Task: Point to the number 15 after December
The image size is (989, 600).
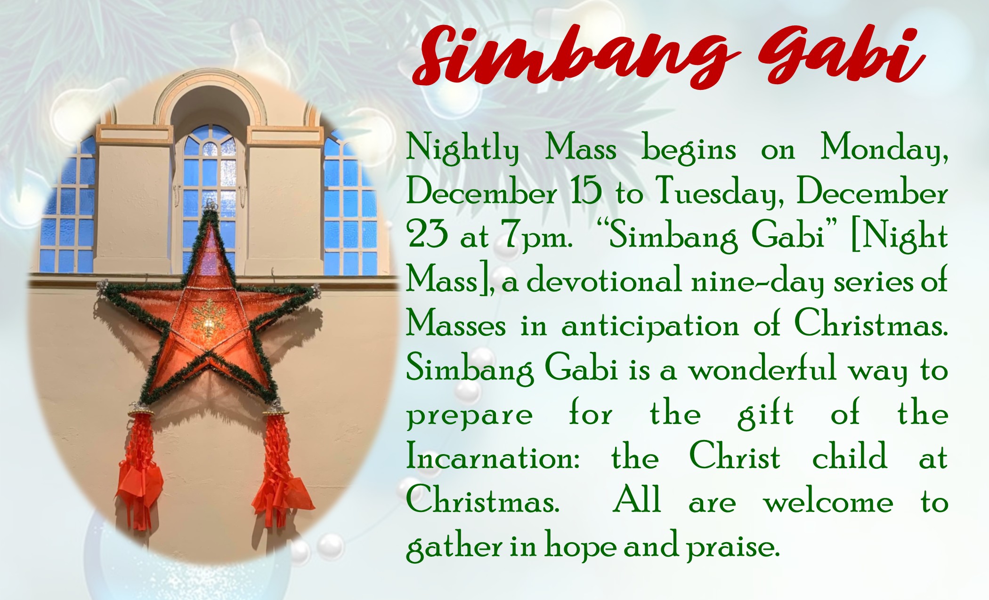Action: (x=586, y=191)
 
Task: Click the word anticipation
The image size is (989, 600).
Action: (x=650, y=326)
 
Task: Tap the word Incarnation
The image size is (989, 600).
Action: (x=493, y=456)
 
